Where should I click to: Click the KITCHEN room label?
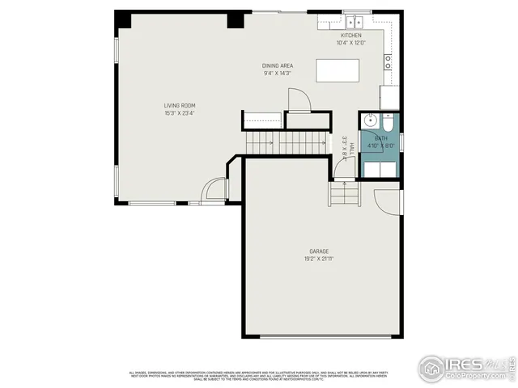pyautogui.click(x=350, y=36)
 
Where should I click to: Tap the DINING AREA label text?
pyautogui.click(x=277, y=65)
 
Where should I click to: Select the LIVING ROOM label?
pyautogui.click(x=180, y=105)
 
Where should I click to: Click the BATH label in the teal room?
pyautogui.click(x=380, y=138)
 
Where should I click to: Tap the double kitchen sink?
pyautogui.click(x=356, y=22)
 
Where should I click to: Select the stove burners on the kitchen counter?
pyautogui.click(x=388, y=59)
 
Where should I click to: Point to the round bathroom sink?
pyautogui.click(x=371, y=122)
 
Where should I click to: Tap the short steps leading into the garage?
pyautogui.click(x=343, y=195)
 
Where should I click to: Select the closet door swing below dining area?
pyautogui.click(x=298, y=100)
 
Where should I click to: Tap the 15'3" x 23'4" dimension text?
pyautogui.click(x=180, y=113)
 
